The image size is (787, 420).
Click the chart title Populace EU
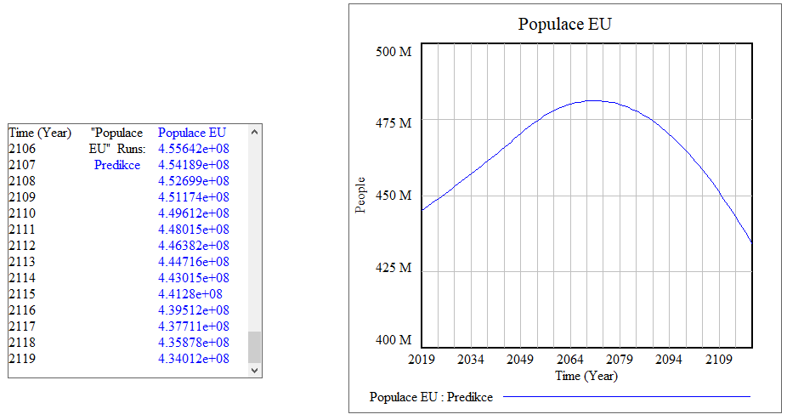[x=565, y=24]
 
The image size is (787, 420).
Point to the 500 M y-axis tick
[x=393, y=51]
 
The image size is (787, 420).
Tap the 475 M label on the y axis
[x=393, y=123]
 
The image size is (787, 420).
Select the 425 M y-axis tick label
[x=393, y=268]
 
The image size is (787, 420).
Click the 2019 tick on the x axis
[x=422, y=360]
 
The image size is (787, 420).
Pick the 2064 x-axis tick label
[x=570, y=360]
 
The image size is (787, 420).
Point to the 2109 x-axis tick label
[x=719, y=360]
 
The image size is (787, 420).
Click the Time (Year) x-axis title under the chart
[x=586, y=375]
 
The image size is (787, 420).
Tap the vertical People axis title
[x=361, y=196]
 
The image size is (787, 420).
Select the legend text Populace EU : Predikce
[x=432, y=396]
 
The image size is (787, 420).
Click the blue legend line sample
[x=627, y=396]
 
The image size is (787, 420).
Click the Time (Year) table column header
[x=40, y=133]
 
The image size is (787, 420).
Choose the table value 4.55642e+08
[x=194, y=149]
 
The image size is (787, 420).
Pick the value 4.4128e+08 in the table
[x=190, y=293]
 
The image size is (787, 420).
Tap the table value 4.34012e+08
[x=194, y=358]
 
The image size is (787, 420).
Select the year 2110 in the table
[x=22, y=213]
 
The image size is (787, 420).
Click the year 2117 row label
[x=22, y=326]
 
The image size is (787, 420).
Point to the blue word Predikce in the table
[x=117, y=165]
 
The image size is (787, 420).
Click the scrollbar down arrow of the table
[x=255, y=370]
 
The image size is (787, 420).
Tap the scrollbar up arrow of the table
[x=255, y=132]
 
